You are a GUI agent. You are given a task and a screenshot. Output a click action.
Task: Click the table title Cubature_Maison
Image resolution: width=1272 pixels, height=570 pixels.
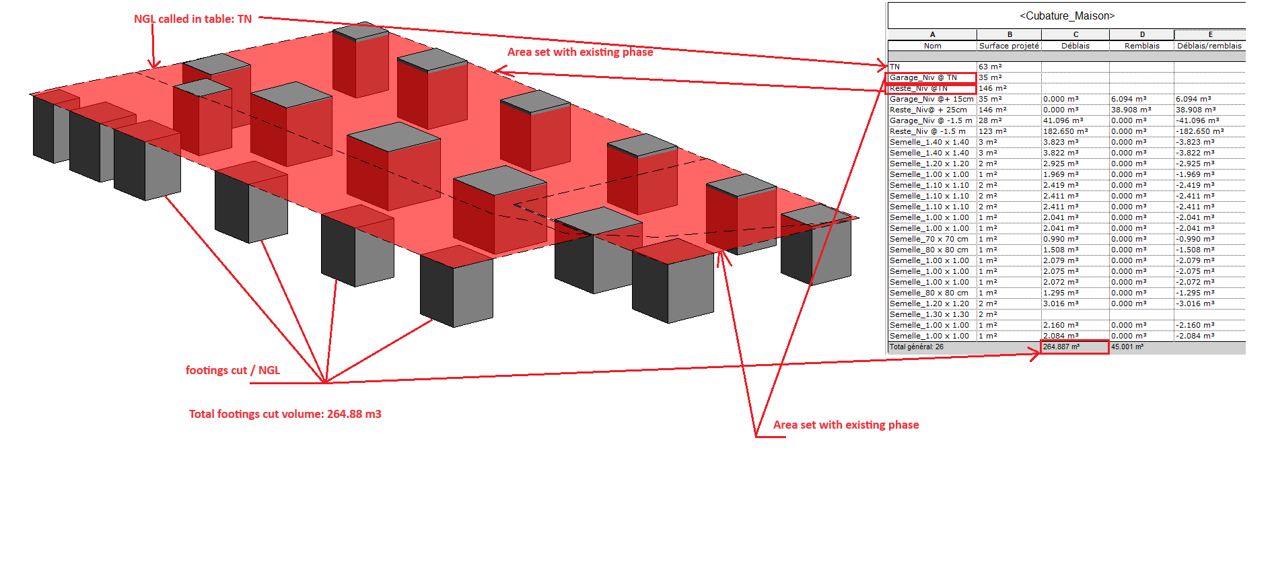pos(1067,15)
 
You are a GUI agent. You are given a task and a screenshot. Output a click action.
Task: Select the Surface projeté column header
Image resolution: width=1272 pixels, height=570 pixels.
pos(1009,46)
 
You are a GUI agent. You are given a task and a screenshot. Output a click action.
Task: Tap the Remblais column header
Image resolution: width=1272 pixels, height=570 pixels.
pos(1142,46)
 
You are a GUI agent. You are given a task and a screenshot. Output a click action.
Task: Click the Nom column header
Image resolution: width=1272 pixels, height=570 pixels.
pos(932,46)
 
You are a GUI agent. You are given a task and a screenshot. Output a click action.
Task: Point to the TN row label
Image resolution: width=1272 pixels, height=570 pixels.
pos(895,67)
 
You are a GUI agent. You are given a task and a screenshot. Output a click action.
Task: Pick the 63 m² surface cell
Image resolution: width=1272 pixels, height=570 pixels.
pos(990,67)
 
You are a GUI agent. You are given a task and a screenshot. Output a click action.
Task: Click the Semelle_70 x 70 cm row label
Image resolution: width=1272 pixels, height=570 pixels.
pos(929,239)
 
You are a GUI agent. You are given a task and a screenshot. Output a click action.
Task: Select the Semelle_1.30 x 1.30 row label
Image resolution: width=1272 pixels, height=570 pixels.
pos(929,314)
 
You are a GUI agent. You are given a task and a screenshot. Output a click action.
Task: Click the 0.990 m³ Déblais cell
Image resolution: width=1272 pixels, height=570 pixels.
pos(1060,239)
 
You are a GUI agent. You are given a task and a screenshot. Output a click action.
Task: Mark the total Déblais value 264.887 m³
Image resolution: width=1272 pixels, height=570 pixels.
pos(1061,347)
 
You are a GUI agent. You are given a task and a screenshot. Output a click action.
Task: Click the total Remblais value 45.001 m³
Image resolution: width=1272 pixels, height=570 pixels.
pos(1127,347)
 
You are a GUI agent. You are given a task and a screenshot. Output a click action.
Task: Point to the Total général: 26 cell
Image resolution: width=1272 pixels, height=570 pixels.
pos(917,347)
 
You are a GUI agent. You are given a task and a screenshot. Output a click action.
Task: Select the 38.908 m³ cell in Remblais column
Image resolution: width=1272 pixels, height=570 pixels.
pos(1131,110)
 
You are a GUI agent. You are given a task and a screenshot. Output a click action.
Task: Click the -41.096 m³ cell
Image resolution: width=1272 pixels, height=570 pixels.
pos(1197,120)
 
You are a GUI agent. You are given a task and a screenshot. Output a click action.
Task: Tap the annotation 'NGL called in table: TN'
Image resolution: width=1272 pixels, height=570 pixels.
pos(192,19)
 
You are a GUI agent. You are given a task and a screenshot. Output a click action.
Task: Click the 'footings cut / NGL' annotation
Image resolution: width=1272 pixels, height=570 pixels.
pos(232,370)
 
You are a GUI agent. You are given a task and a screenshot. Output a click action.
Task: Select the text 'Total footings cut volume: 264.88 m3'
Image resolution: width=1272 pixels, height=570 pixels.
pos(285,414)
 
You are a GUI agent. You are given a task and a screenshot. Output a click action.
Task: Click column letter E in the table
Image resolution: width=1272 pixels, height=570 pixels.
pos(1210,34)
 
